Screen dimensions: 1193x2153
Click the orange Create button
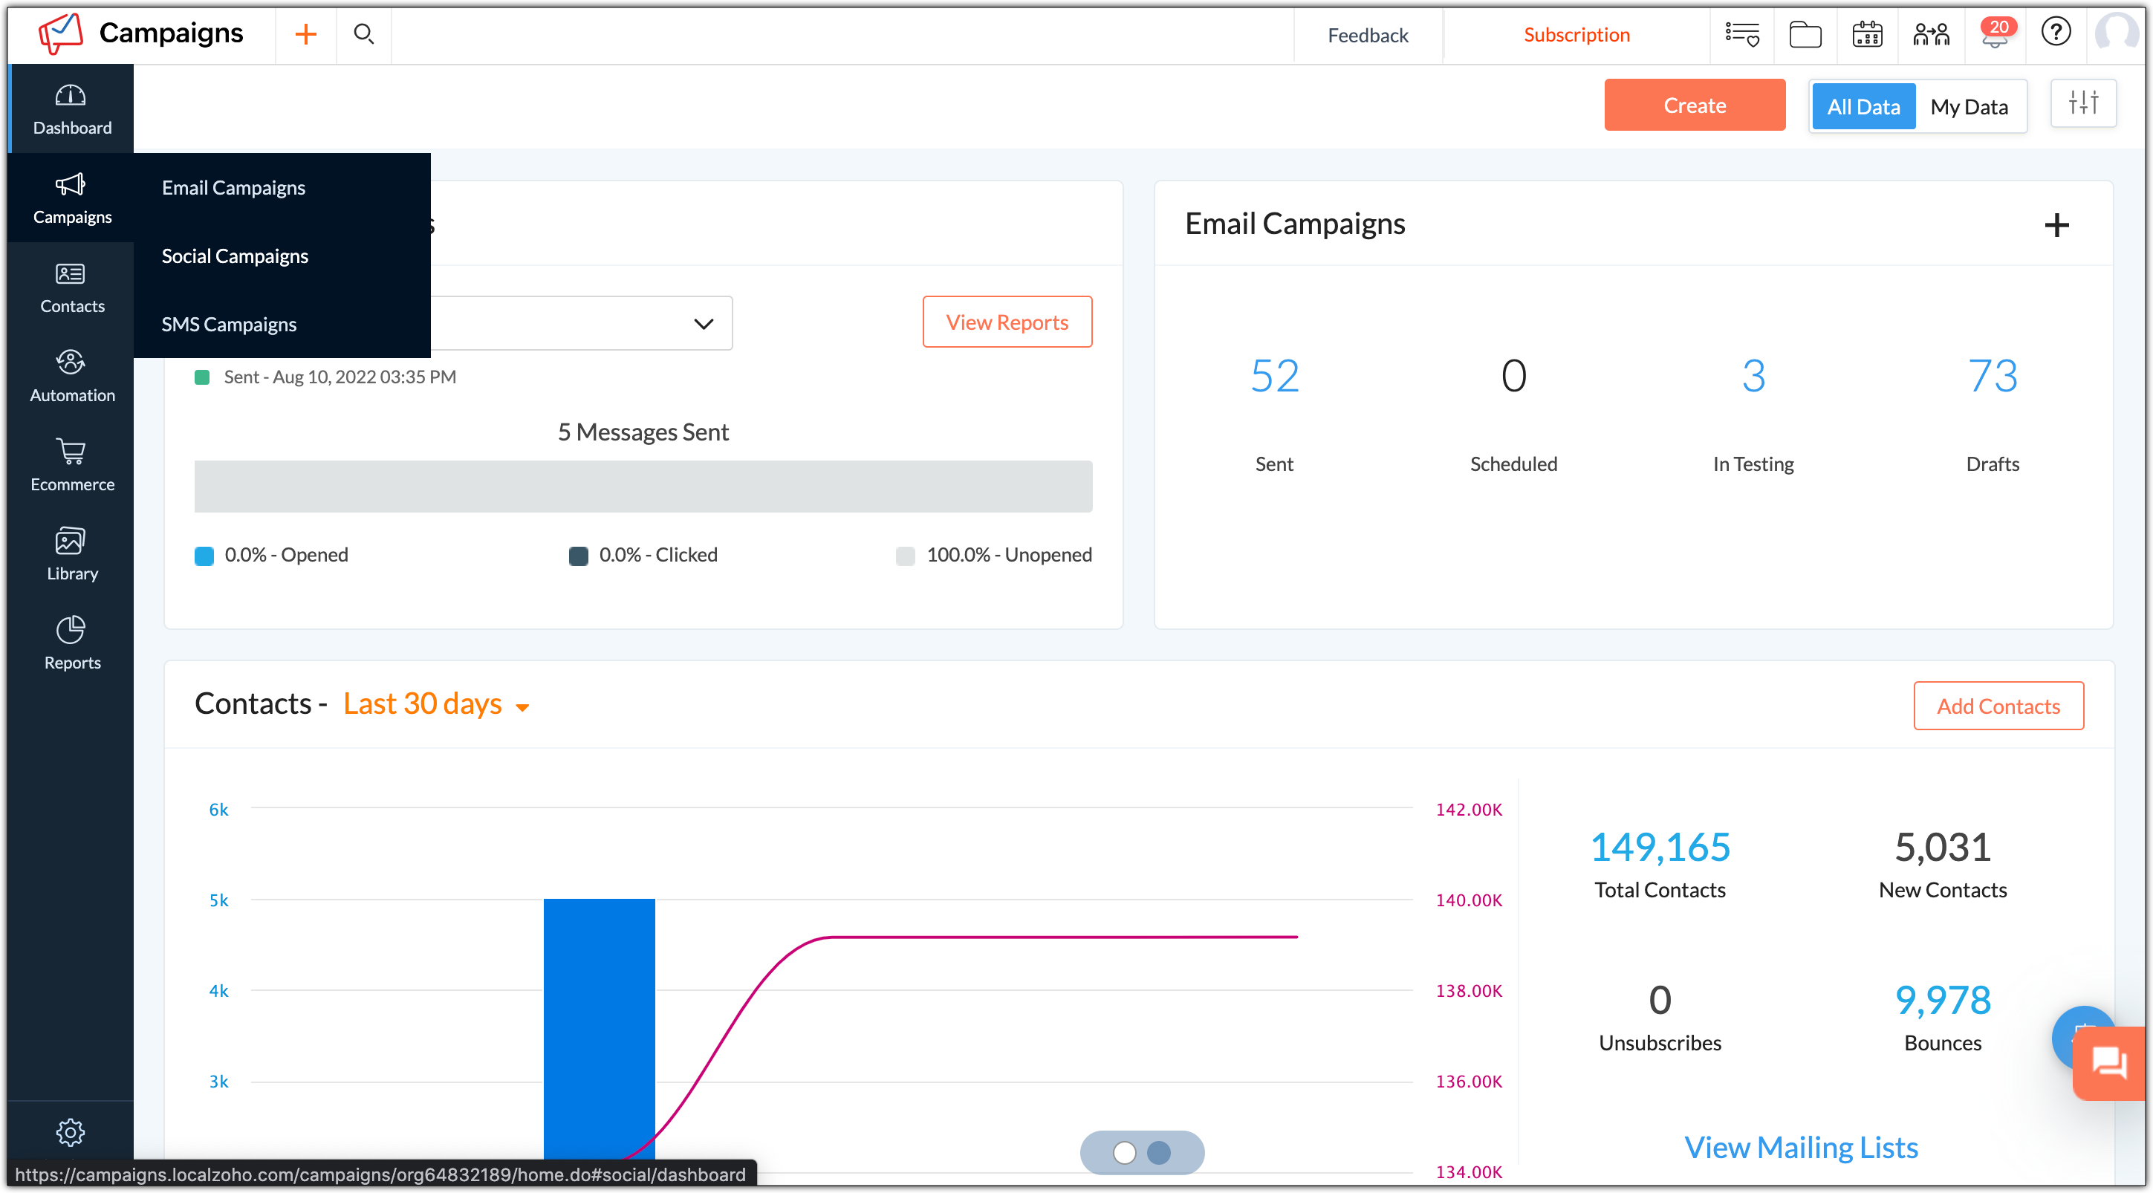(x=1694, y=105)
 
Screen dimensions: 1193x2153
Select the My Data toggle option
(x=1968, y=107)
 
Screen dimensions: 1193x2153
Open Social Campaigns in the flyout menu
(x=235, y=256)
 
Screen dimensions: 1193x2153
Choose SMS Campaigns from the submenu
(x=229, y=324)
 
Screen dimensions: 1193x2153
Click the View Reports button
(x=1006, y=322)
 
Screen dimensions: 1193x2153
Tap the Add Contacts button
(x=1998, y=706)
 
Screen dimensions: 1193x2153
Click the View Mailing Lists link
(x=1800, y=1147)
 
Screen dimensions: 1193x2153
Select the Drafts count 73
(x=1992, y=376)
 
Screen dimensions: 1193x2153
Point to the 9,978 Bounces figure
(x=1942, y=1000)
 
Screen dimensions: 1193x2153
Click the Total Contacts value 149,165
(x=1659, y=847)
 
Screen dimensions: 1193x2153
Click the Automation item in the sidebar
(x=72, y=376)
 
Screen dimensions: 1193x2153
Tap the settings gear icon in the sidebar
(x=70, y=1132)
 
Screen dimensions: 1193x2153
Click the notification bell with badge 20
(x=1994, y=35)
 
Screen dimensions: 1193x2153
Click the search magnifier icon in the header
(x=363, y=34)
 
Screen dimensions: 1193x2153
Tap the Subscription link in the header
(x=1576, y=35)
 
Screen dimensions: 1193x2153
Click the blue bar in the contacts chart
(x=599, y=1027)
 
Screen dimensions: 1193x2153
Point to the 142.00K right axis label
(x=1469, y=810)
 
